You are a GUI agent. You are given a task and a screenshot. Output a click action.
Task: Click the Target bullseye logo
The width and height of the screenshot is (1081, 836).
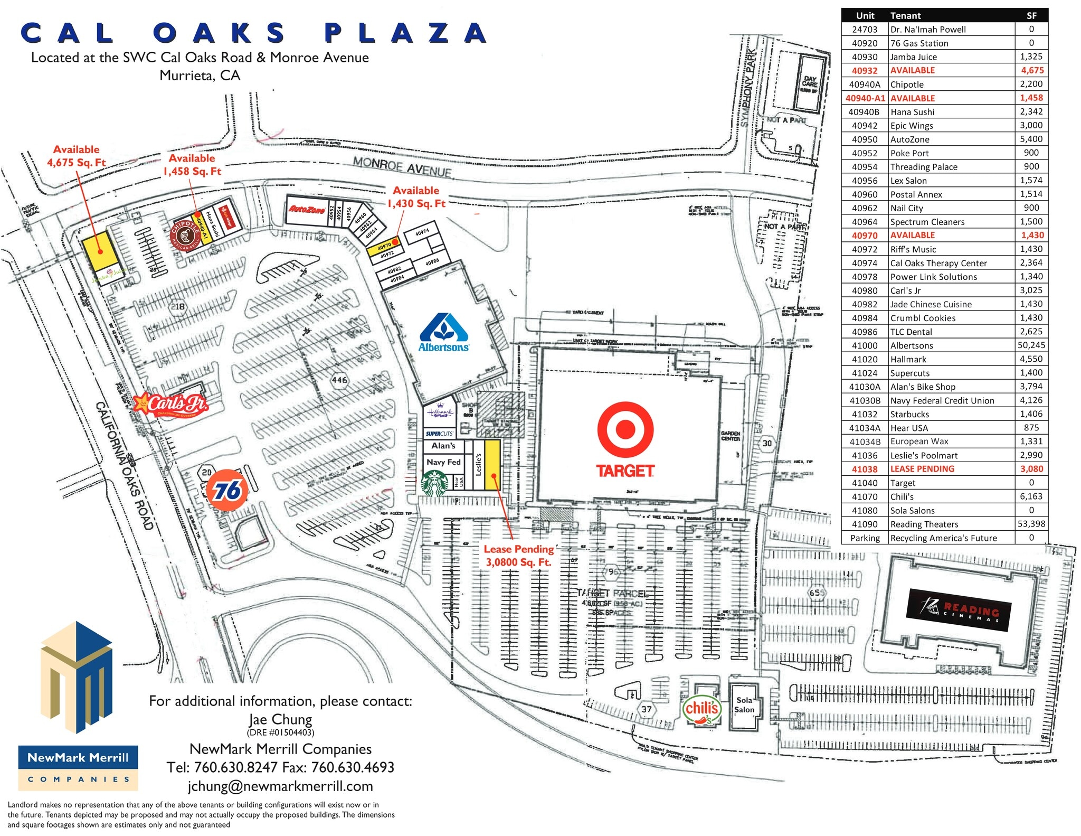click(x=625, y=429)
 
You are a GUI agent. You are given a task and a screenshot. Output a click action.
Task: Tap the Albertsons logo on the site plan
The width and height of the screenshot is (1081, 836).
click(x=444, y=333)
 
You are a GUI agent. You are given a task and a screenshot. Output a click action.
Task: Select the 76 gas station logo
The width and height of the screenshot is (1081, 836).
click(x=227, y=491)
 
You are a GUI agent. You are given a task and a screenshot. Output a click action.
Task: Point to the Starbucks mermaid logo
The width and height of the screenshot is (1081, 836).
click(x=435, y=484)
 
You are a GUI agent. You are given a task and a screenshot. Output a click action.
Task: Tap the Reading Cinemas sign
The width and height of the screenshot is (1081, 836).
click(x=959, y=610)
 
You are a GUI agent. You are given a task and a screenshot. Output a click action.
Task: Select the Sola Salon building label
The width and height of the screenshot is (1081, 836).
click(x=744, y=705)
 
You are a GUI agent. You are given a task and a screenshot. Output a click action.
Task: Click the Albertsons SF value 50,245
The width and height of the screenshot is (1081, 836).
click(x=1031, y=345)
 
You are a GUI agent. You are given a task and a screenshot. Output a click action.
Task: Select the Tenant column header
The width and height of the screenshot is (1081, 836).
click(x=905, y=16)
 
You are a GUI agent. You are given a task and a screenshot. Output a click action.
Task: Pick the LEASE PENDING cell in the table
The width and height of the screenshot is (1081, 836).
click(x=922, y=469)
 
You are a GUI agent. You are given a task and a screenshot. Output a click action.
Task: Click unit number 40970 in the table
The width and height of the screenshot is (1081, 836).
click(x=864, y=236)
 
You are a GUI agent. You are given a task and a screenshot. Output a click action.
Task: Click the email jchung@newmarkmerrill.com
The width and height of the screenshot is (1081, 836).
click(x=280, y=786)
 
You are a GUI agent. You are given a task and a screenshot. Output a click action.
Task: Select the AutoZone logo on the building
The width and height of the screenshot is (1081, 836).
click(x=307, y=210)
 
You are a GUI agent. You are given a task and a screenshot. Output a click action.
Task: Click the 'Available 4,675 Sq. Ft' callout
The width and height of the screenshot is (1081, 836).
click(x=77, y=156)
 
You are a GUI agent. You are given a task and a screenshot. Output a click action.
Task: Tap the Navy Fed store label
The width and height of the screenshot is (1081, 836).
click(x=443, y=462)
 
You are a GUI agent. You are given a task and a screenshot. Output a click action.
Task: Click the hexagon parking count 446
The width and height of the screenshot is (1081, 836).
click(x=339, y=380)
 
